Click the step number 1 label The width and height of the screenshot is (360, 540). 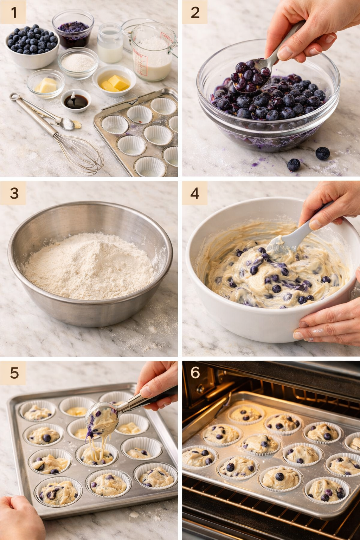pyautogui.click(x=13, y=13)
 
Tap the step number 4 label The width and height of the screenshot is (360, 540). pyautogui.click(x=194, y=193)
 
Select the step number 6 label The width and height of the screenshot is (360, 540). pyautogui.click(x=195, y=373)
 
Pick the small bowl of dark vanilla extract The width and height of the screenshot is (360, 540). pyautogui.click(x=76, y=101)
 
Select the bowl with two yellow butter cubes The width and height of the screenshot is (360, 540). pyautogui.click(x=114, y=81)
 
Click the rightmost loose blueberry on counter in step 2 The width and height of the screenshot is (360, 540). pyautogui.click(x=322, y=153)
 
